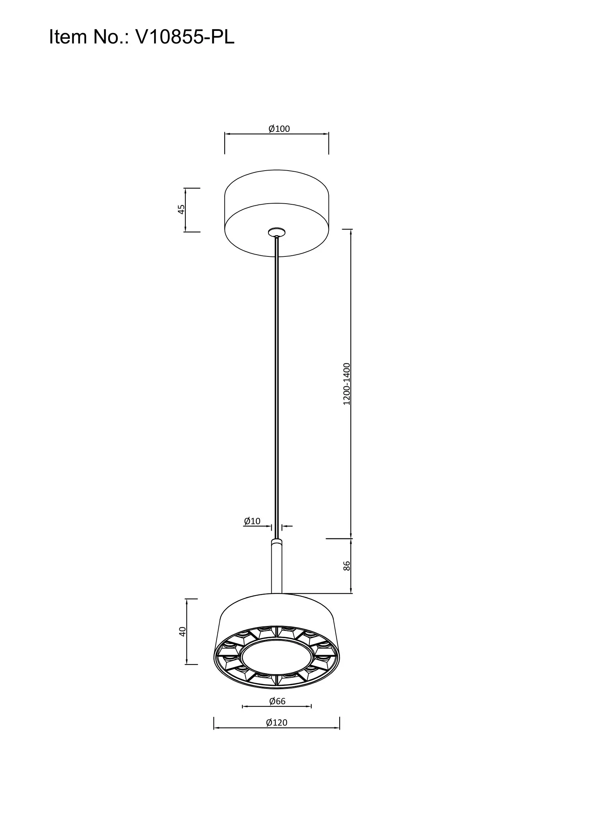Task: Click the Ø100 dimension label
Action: [279, 129]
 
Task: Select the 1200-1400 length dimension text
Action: [347, 384]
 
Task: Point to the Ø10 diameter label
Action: [252, 521]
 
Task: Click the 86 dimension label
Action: [347, 566]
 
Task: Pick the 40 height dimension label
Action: [182, 631]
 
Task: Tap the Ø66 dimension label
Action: [277, 701]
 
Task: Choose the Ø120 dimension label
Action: [277, 723]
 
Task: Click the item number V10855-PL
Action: [185, 37]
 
